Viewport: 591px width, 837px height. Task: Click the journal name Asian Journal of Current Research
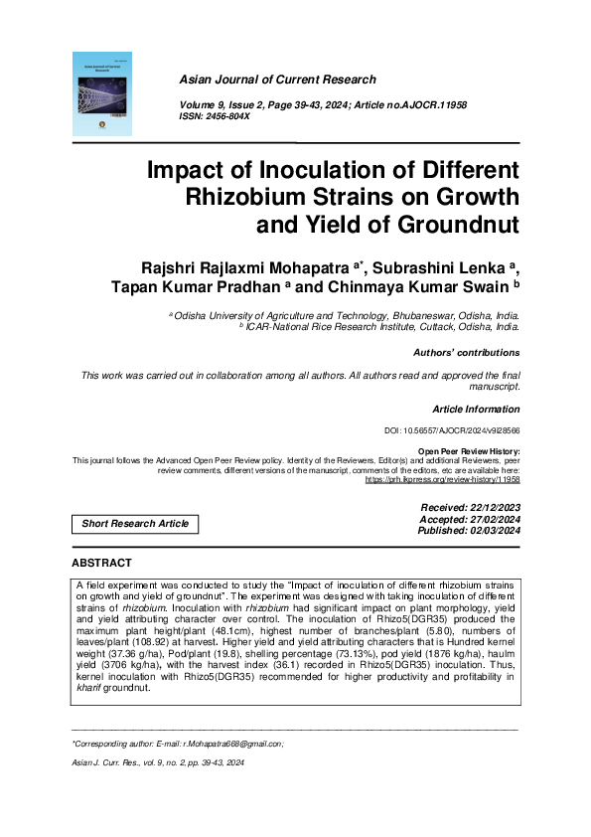coord(276,80)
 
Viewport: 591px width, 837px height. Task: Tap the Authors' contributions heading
coord(465,353)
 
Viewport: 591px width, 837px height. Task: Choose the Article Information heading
coord(476,410)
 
